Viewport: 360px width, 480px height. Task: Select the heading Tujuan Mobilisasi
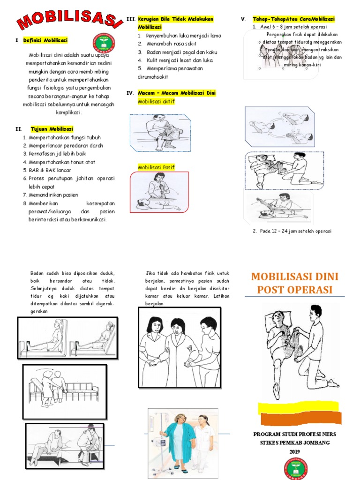pos(52,129)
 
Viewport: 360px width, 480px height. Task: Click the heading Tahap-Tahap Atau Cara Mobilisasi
pos(293,19)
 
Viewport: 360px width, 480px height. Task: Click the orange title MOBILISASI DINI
pos(295,277)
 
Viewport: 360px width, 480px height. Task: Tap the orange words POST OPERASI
pos(295,289)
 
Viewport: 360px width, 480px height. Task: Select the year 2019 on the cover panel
pos(294,451)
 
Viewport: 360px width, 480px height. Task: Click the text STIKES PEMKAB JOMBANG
pos(294,442)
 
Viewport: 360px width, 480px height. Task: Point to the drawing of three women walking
pos(180,347)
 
